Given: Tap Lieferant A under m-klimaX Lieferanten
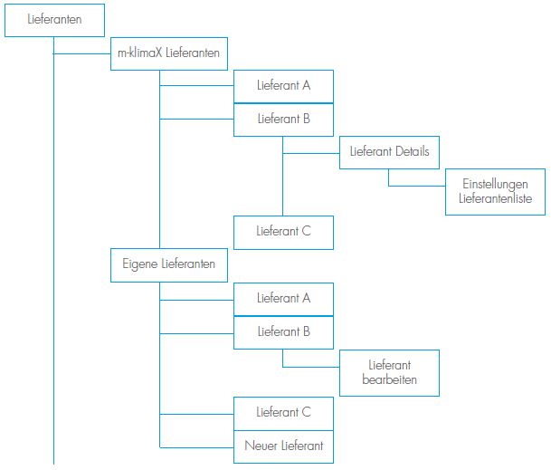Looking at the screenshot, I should coord(283,86).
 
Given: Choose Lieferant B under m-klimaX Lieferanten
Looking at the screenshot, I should coord(283,119).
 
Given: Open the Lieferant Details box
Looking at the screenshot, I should coord(389,151).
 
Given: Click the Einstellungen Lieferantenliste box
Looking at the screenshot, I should coord(495,191).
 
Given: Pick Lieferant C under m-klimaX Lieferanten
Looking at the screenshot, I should coord(283,232).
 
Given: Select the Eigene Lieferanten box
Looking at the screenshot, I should coord(169,264).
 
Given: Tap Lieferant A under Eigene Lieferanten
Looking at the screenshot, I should coord(283,298).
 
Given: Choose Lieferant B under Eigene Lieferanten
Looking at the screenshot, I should coord(283,331).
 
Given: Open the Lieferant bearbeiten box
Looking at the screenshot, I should coord(389,372).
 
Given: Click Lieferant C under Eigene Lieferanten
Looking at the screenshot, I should coord(283,413).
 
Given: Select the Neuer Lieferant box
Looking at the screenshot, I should coord(283,446).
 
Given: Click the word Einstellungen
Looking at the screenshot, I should coord(495,184).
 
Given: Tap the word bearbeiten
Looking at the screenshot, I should coord(389,380).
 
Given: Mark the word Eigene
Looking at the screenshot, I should coord(139,264).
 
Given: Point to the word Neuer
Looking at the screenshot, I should coord(261,446).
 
